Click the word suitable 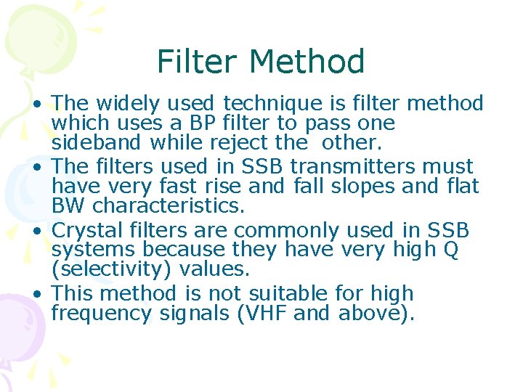289,294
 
